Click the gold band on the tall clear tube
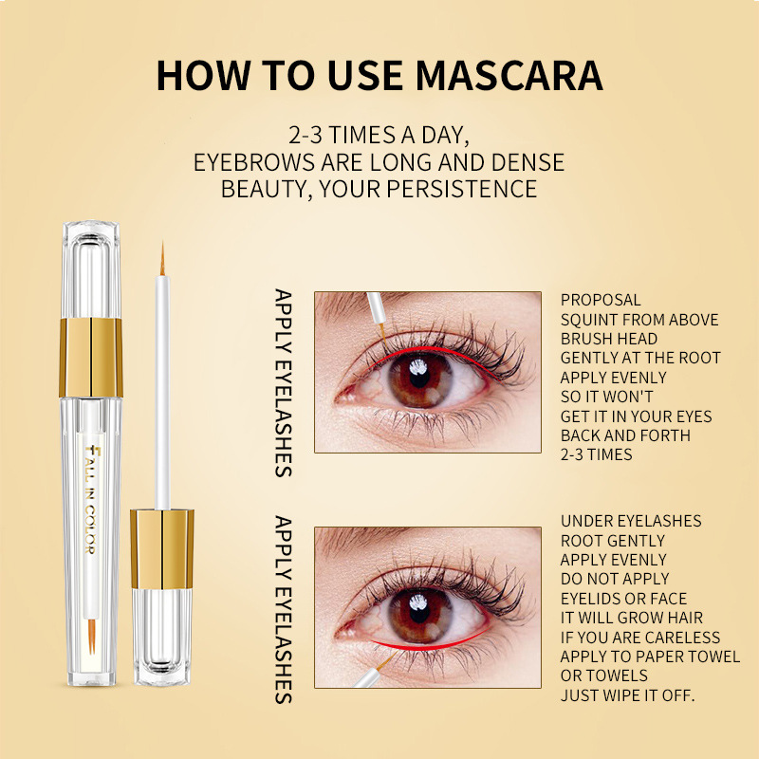[91, 358]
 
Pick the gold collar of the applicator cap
[162, 547]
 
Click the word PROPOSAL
[601, 300]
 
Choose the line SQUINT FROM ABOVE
[639, 320]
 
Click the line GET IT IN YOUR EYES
[636, 417]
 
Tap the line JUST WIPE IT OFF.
[627, 695]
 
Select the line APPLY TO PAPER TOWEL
[650, 657]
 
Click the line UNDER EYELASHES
[631, 521]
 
